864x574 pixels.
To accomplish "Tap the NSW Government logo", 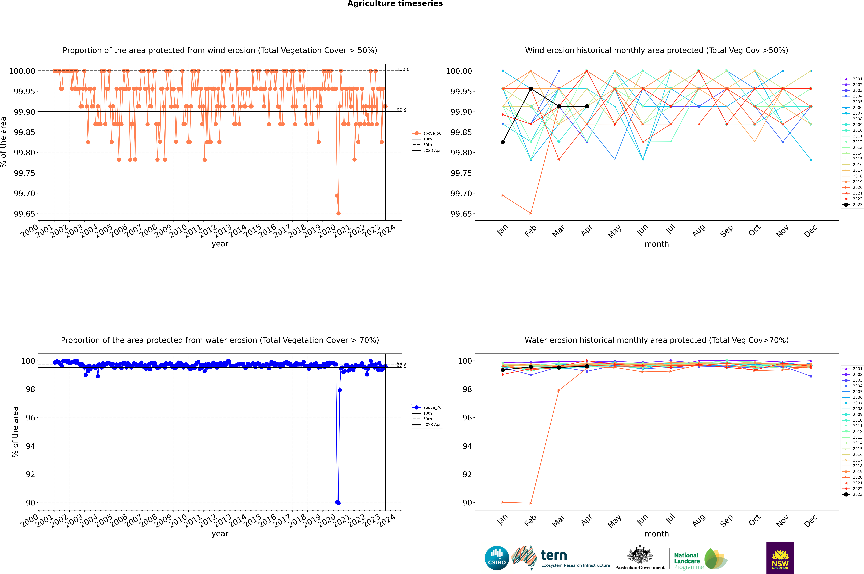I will click(780, 558).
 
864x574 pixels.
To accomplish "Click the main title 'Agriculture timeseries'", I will click(395, 4).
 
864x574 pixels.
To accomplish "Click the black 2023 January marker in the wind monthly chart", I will click(503, 142).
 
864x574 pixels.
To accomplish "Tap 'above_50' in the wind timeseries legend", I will click(432, 133).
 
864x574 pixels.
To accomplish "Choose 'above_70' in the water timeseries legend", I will click(432, 407).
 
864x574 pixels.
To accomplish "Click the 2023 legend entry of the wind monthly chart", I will click(857, 205).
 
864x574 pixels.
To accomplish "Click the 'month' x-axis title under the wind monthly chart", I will click(656, 244).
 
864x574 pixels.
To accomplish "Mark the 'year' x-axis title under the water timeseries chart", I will click(220, 534).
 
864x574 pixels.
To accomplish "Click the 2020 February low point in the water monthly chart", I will click(531, 503).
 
